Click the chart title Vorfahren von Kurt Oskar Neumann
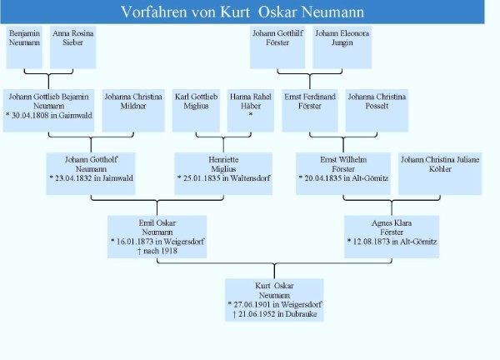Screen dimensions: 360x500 tap(242, 12)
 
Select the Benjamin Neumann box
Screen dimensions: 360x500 tap(24, 47)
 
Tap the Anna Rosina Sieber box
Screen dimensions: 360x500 tap(72, 47)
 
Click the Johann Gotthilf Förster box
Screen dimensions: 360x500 tap(276, 47)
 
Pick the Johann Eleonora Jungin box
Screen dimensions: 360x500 tap(342, 47)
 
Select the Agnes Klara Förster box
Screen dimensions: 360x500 tap(392, 235)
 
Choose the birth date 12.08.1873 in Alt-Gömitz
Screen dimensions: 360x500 tap(392, 241)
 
